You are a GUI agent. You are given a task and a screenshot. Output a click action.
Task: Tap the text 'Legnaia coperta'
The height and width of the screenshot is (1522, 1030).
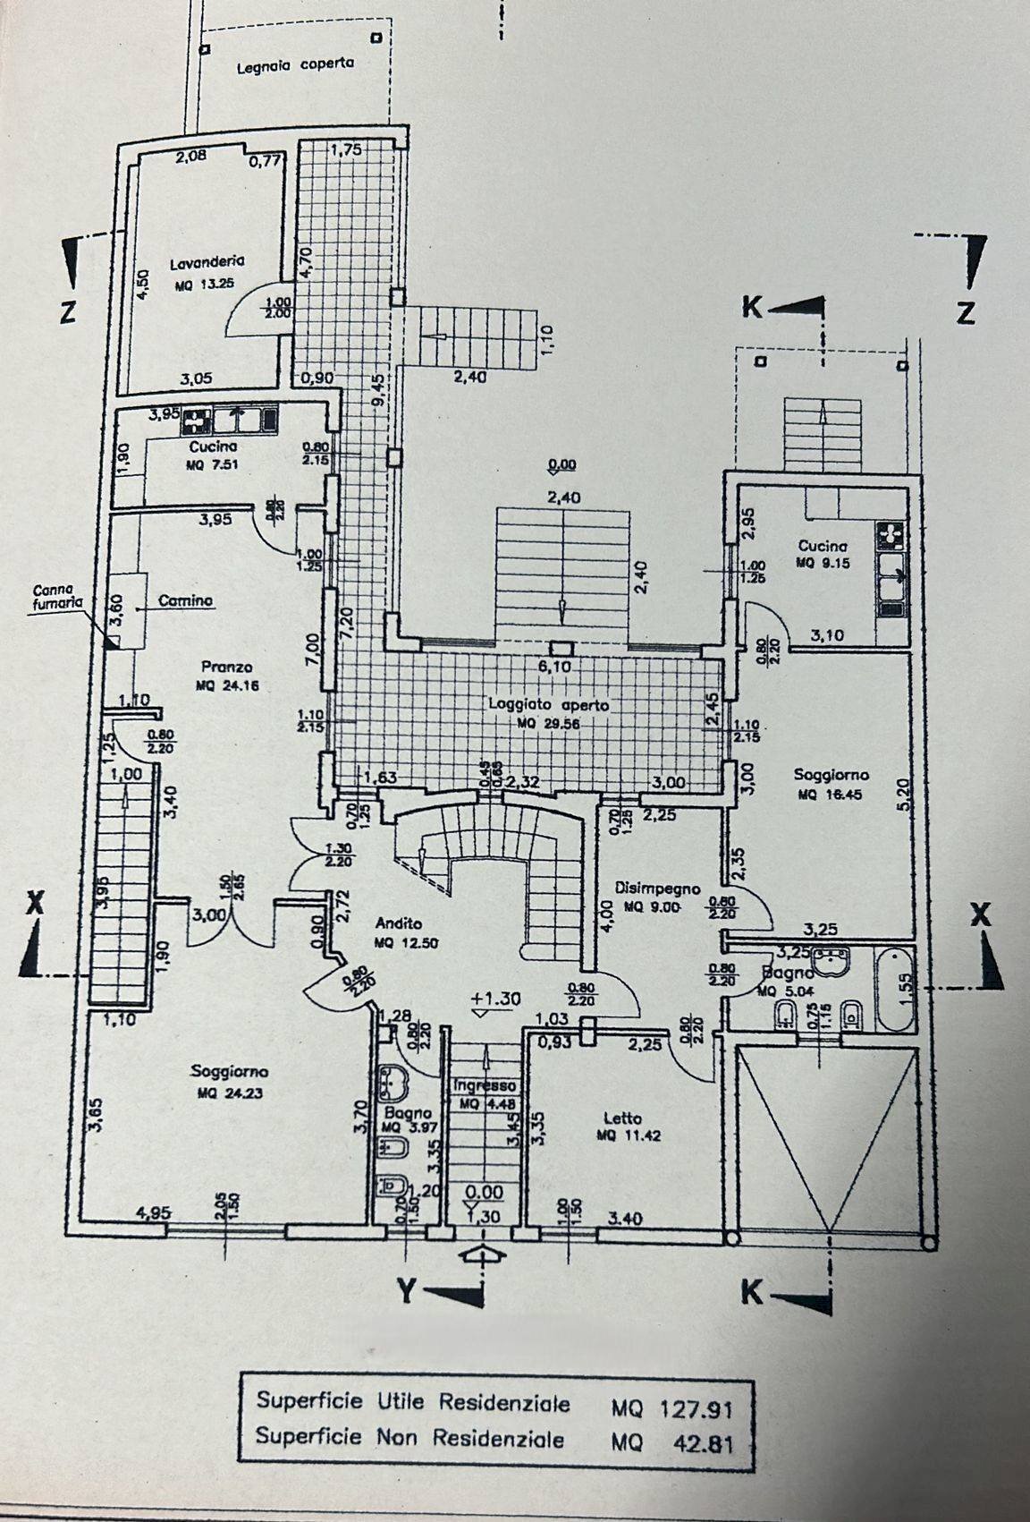coord(295,64)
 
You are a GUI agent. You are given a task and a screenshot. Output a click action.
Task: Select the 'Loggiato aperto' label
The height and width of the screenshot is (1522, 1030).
coord(548,705)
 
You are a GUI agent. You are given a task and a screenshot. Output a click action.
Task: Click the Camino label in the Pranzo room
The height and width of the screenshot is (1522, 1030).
coord(185,601)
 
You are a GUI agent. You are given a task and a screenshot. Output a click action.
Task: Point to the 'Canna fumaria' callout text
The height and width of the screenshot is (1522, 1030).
coord(56,597)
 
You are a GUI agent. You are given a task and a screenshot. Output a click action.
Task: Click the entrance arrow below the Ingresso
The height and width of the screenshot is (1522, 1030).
coord(482,1254)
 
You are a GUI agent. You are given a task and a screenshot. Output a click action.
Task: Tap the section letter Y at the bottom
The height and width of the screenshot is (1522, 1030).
coord(408,1290)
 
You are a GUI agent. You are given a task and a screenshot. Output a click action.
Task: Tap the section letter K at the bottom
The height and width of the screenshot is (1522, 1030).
coord(753,1292)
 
